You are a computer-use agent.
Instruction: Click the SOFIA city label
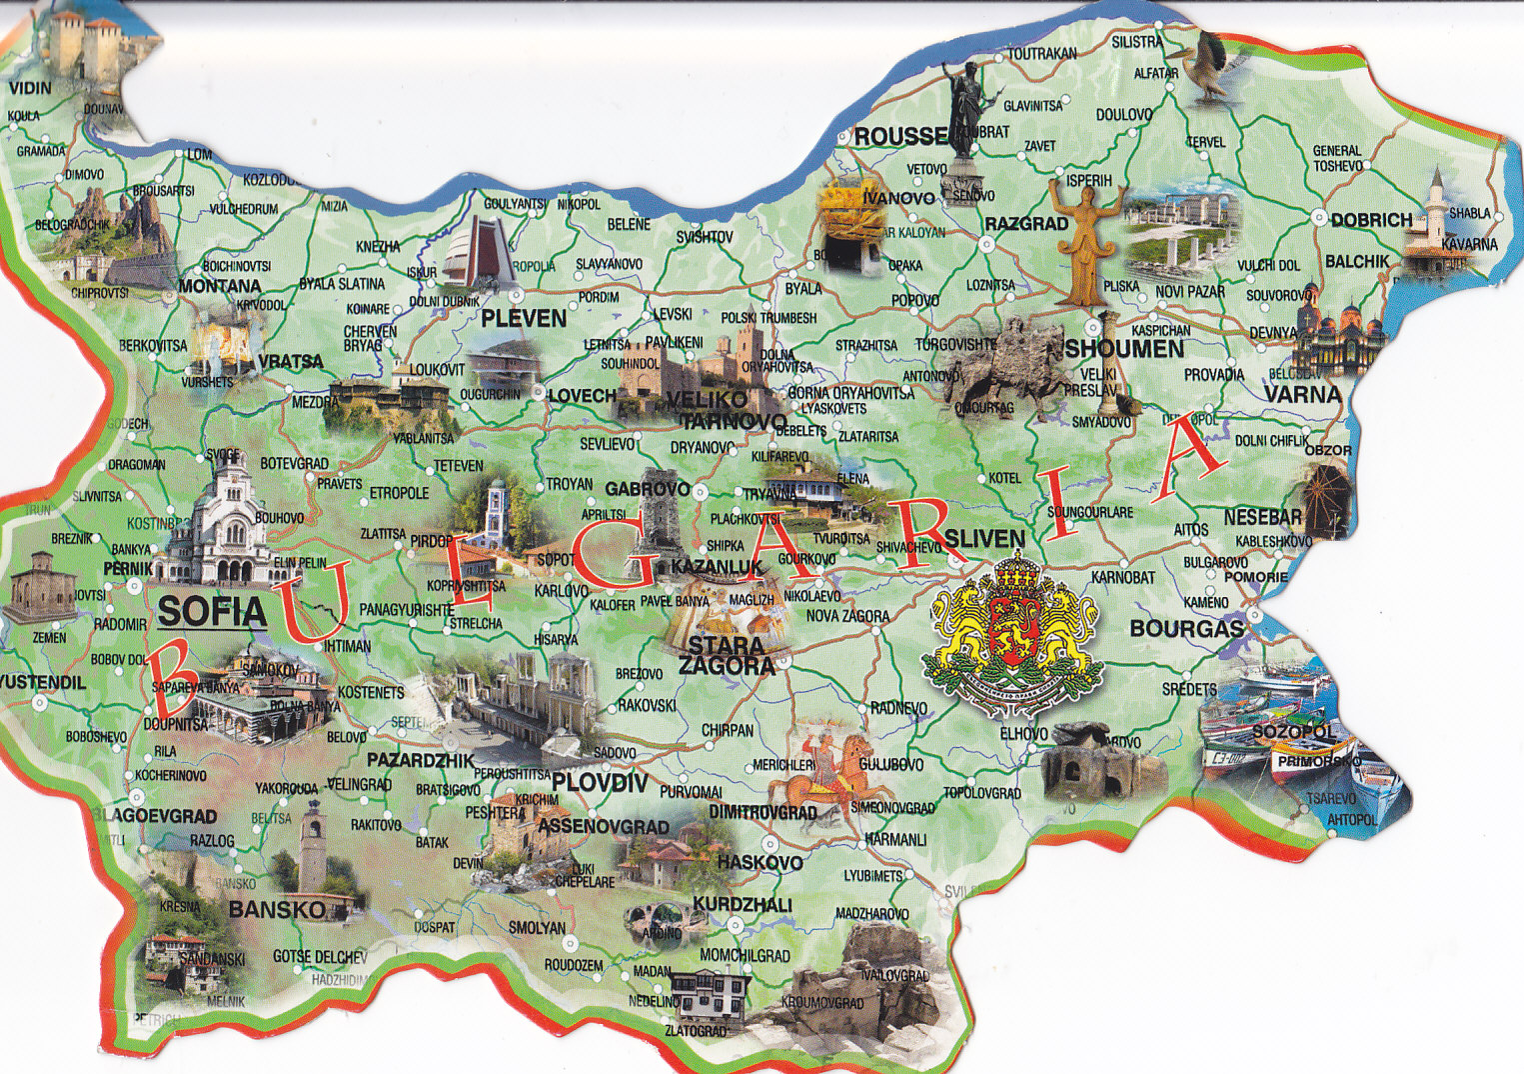[212, 610]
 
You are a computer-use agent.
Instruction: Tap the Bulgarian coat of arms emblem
[1012, 633]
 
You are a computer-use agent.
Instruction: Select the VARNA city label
[1302, 394]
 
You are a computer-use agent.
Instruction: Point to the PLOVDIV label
[600, 782]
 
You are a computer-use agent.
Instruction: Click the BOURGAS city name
[1186, 629]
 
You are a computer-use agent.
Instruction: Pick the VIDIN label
[30, 88]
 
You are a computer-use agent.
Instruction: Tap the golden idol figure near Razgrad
[1085, 240]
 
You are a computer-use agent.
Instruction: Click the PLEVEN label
[524, 319]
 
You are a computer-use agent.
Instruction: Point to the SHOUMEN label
[1124, 349]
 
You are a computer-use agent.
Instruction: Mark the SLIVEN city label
[984, 539]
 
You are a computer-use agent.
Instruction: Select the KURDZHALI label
[742, 904]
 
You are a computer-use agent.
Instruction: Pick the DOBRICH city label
[1371, 220]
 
